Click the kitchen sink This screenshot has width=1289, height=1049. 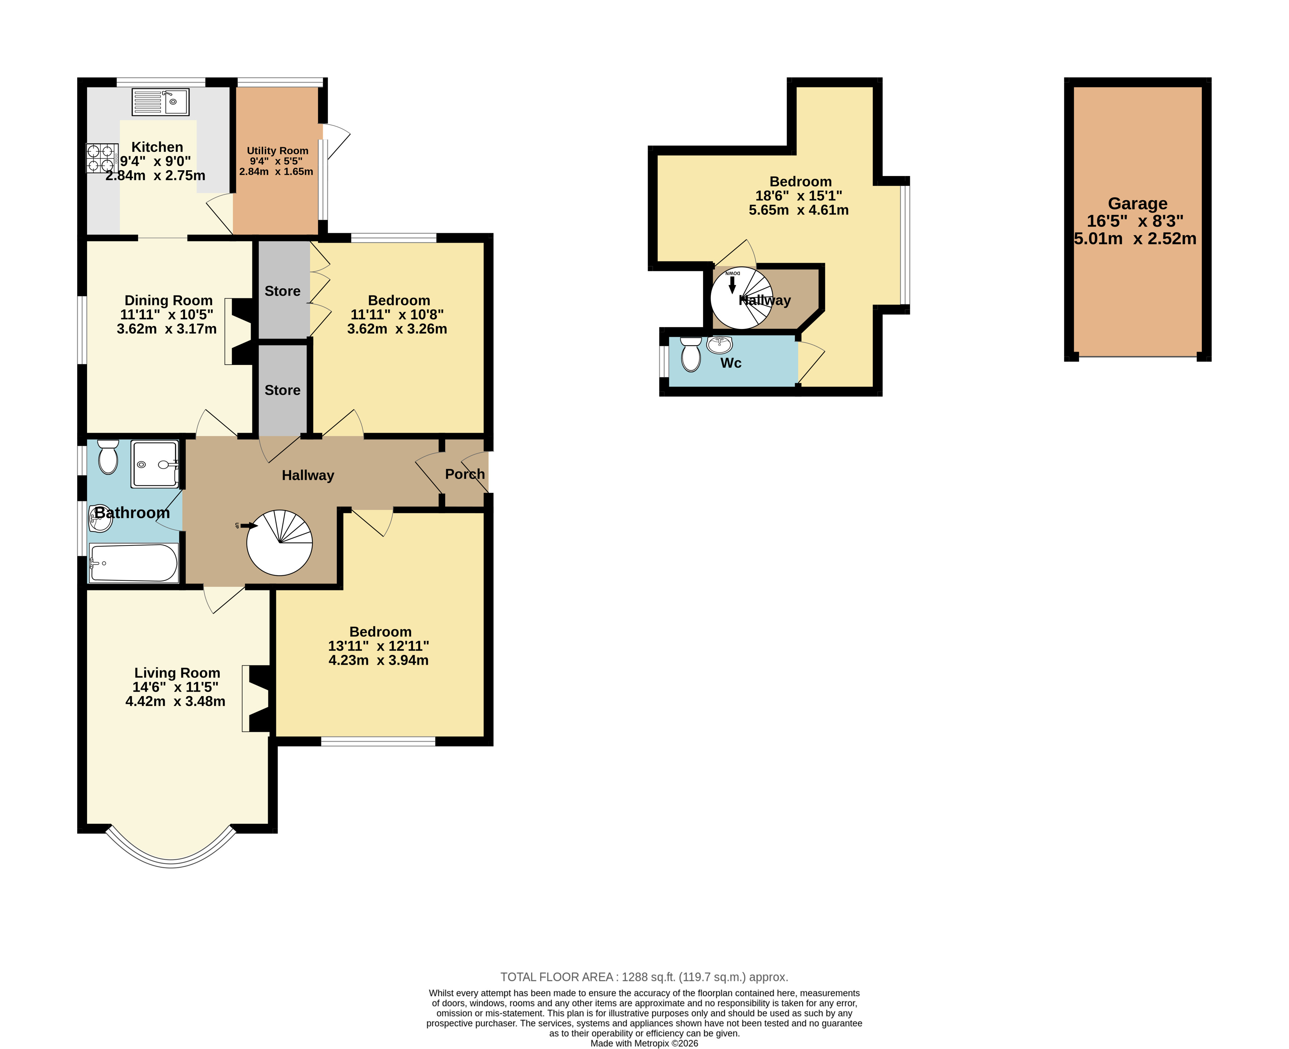point(161,101)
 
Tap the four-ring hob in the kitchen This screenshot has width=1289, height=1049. point(101,158)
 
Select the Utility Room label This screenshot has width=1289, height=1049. point(278,150)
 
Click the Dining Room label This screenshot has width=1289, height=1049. point(169,300)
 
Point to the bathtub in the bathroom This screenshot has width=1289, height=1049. point(133,563)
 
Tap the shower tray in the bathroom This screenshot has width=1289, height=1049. point(155,464)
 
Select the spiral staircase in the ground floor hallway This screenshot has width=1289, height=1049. point(279,543)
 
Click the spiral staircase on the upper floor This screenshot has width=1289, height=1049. point(741,298)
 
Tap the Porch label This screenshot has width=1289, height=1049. point(465,475)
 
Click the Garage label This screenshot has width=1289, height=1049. point(1137,204)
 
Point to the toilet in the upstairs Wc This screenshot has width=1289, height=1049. point(691,354)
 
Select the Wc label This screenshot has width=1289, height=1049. point(731,363)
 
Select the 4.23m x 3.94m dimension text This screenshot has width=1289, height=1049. point(378,660)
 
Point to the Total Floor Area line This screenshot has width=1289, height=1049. point(644,977)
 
